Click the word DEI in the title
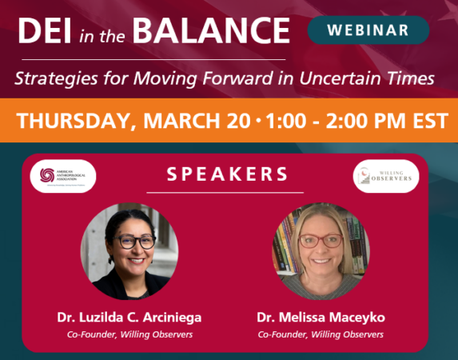point(46,31)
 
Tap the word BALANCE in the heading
point(209,31)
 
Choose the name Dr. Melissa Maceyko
point(320,317)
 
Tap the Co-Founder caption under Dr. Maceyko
point(320,334)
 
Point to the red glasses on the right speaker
point(320,240)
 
